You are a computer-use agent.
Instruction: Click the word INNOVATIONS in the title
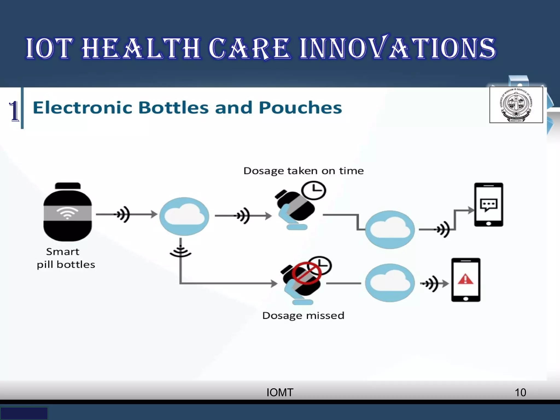(398, 48)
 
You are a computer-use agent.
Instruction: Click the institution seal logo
(516, 105)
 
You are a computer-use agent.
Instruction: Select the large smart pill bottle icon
(68, 212)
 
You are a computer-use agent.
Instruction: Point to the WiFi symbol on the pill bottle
(67, 212)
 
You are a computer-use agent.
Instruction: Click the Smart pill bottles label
(66, 258)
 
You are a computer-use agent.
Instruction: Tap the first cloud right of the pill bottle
(184, 216)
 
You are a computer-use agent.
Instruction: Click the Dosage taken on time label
(304, 171)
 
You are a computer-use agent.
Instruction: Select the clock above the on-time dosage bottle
(314, 190)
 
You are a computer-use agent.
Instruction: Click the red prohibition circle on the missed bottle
(307, 273)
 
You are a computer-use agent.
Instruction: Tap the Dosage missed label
(303, 316)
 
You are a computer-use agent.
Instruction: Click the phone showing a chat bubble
(488, 205)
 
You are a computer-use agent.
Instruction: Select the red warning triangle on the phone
(465, 280)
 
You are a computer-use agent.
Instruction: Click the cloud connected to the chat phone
(390, 229)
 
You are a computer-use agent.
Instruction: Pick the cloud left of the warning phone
(390, 283)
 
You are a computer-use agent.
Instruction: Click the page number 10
(520, 393)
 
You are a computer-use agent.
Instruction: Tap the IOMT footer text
(280, 393)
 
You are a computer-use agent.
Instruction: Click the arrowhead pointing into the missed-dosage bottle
(274, 283)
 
